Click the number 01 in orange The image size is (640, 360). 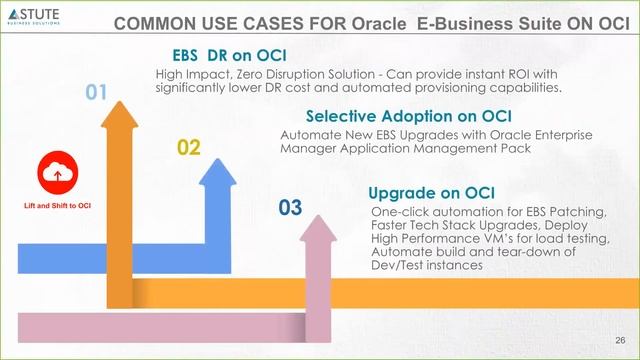(95, 93)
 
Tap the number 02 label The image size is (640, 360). (189, 148)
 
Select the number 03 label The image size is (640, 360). (290, 207)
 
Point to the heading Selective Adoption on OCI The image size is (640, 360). (408, 115)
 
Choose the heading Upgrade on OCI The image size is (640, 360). (432, 192)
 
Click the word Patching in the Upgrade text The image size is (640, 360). (577, 212)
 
